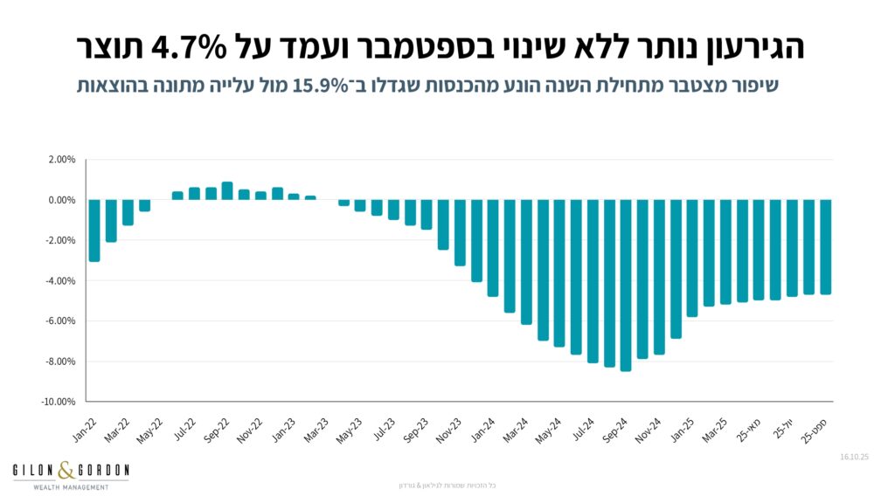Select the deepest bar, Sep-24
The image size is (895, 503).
tap(626, 285)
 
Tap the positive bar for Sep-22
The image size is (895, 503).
tap(227, 190)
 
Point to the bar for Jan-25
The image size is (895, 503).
tap(692, 258)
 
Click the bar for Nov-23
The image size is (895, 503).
tap(460, 232)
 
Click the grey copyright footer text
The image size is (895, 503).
tap(446, 485)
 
